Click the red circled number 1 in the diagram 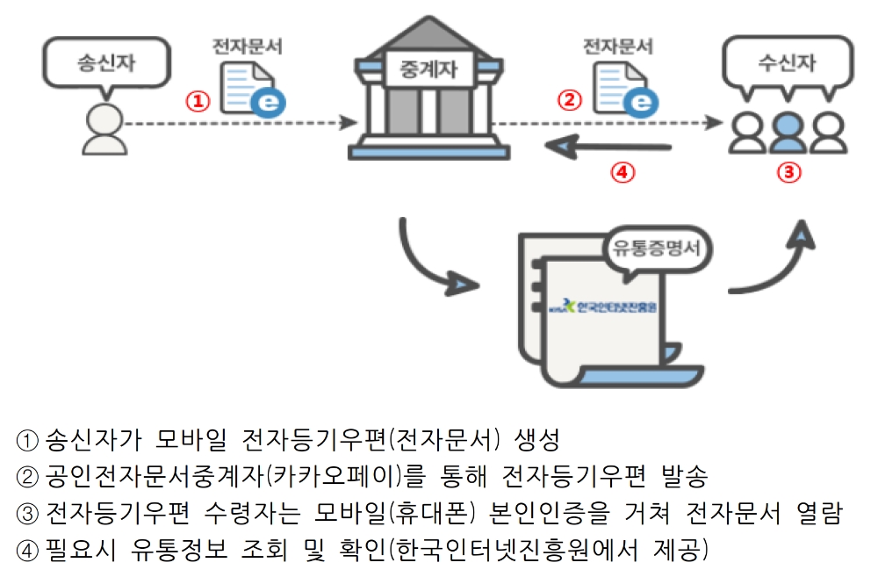coord(198,101)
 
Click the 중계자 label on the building coord(428,69)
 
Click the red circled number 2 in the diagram coord(571,101)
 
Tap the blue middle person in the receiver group coord(788,132)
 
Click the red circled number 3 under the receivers coord(788,172)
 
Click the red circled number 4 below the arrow coord(622,172)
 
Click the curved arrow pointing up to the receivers coord(773,263)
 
